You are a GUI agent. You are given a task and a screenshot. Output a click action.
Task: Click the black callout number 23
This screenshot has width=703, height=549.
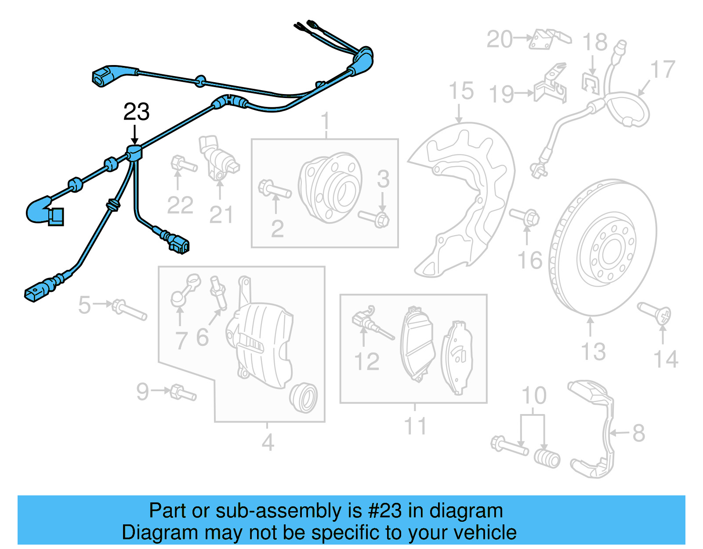(x=136, y=112)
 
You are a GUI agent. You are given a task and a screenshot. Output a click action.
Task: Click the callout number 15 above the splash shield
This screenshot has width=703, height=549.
(x=461, y=91)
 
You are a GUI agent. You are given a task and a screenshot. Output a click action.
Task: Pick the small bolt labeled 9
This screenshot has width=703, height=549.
(x=182, y=393)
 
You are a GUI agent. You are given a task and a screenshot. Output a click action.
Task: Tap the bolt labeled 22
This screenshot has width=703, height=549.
(x=183, y=164)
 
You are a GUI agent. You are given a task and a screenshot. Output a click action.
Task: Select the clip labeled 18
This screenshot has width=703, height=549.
(x=591, y=84)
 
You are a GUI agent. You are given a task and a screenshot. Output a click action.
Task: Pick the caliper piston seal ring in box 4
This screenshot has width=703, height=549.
(x=304, y=397)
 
